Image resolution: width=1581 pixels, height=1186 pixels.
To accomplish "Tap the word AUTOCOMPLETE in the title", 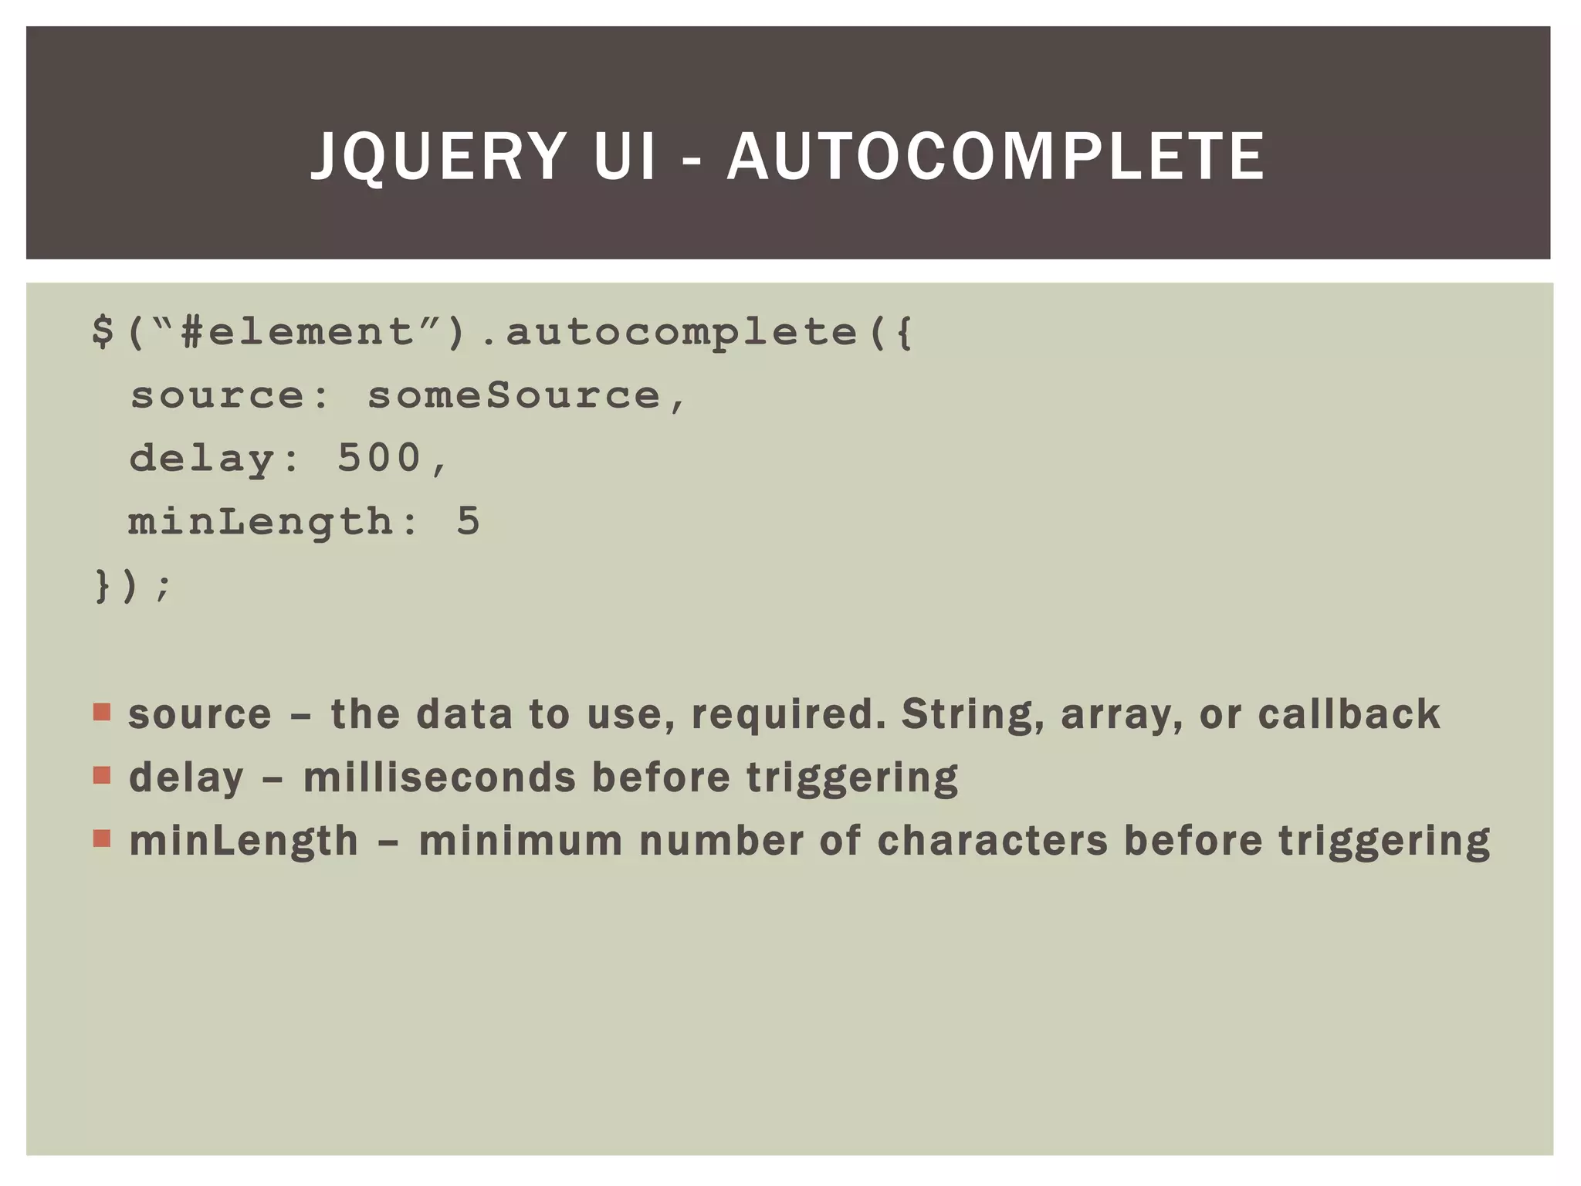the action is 996,157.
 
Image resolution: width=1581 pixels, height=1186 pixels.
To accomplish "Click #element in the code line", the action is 297,332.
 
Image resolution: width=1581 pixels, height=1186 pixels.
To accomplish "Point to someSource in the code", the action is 513,395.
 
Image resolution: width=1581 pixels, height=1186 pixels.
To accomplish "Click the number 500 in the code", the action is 379,458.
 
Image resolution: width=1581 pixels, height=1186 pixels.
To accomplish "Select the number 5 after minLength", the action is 468,521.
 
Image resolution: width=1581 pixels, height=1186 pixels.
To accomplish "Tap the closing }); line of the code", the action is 131,585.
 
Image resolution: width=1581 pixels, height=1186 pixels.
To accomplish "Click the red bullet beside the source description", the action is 102,711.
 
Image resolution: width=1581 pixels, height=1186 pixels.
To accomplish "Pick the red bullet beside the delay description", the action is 102,774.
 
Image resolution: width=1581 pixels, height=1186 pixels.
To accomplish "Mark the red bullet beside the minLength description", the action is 102,838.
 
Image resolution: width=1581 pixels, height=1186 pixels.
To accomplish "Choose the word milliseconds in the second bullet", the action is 439,778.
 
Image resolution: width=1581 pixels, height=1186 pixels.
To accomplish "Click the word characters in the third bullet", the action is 992,841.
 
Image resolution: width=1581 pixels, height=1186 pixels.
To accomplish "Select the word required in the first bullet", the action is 788,715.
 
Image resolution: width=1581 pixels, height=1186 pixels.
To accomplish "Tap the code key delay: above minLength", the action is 213,458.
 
